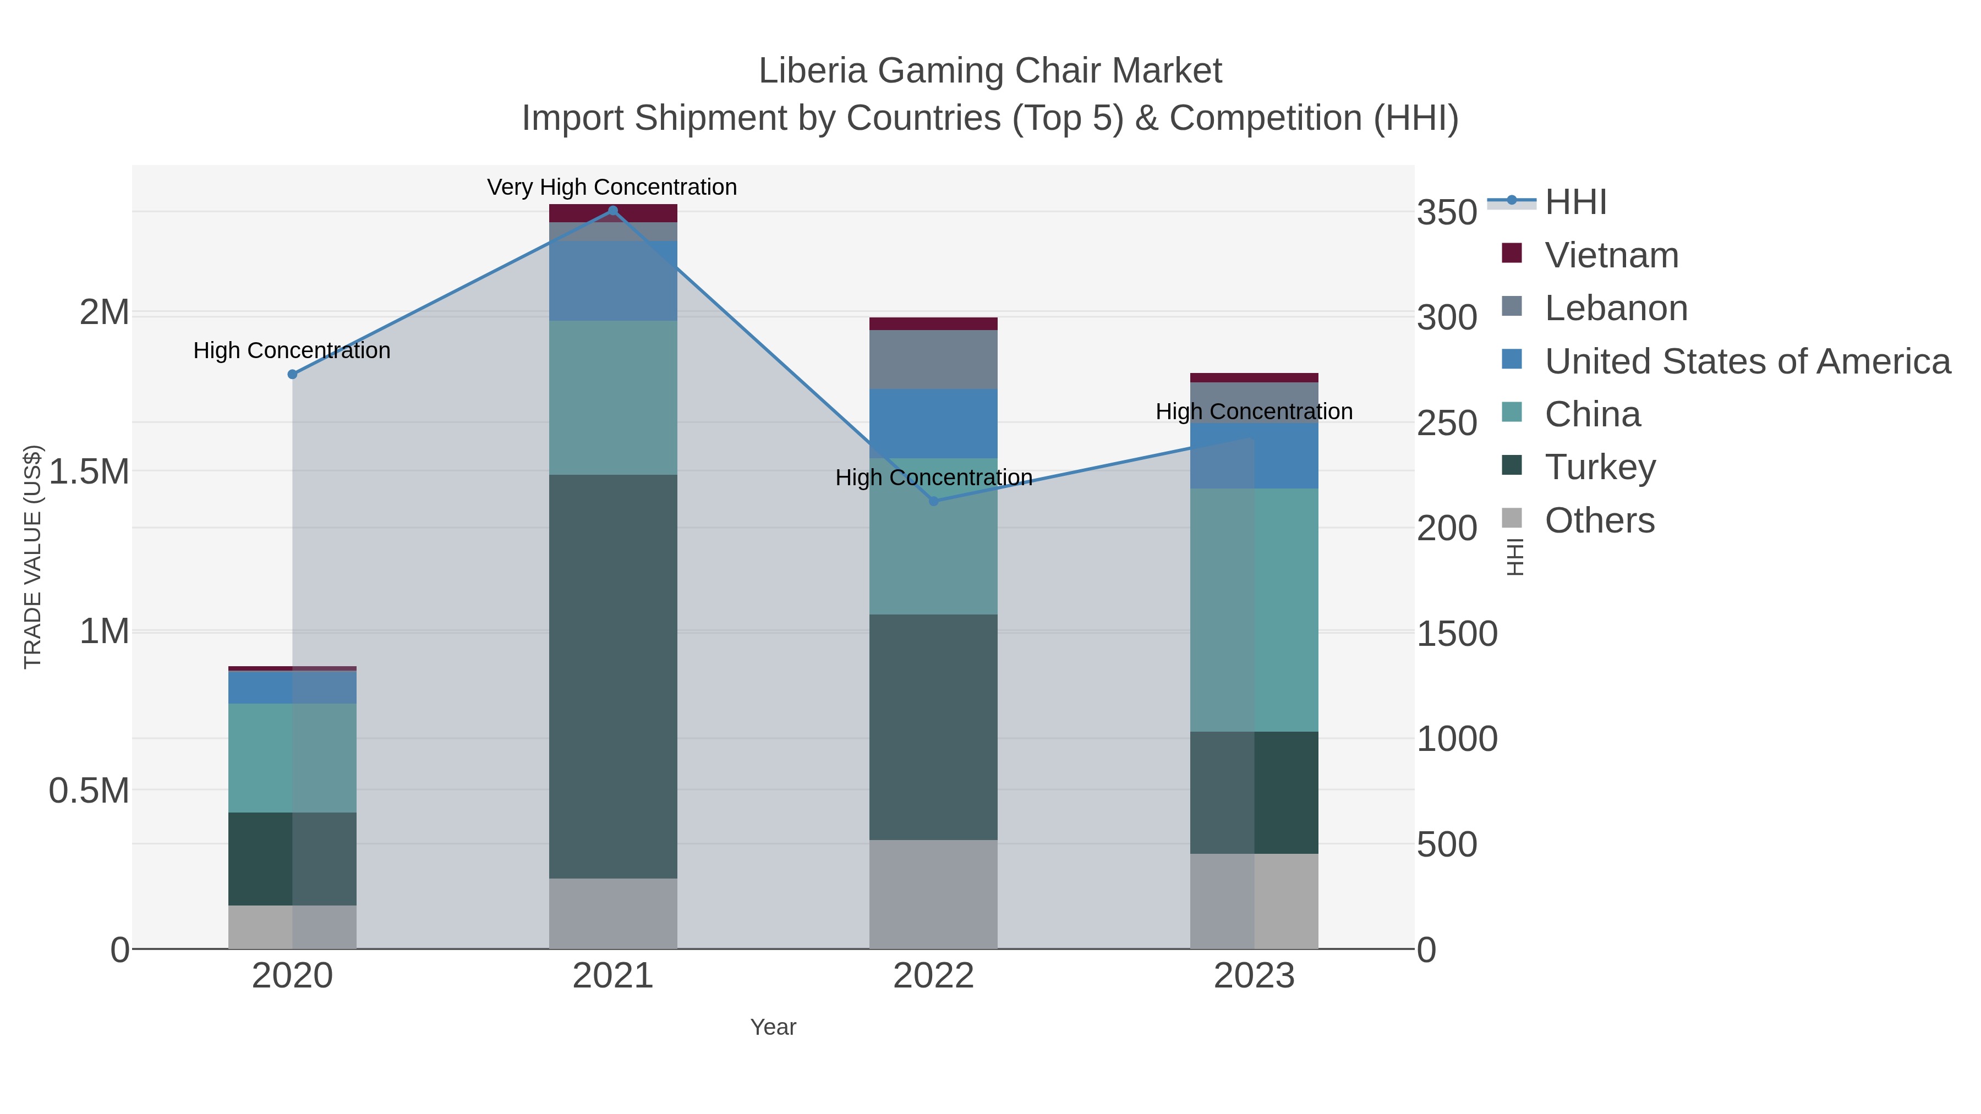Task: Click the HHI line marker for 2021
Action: [x=613, y=211]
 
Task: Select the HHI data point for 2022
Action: [x=934, y=501]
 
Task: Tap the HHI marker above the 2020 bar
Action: [x=292, y=375]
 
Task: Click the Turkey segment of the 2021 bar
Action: [x=613, y=677]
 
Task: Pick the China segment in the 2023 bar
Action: [x=1254, y=610]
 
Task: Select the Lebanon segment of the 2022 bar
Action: [x=934, y=360]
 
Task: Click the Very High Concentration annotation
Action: [x=612, y=187]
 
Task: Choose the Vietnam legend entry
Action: [x=1612, y=255]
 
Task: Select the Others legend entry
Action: [x=1600, y=520]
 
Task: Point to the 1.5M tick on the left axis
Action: [x=89, y=471]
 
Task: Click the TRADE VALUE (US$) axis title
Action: [x=32, y=557]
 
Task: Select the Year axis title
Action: [x=773, y=1027]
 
